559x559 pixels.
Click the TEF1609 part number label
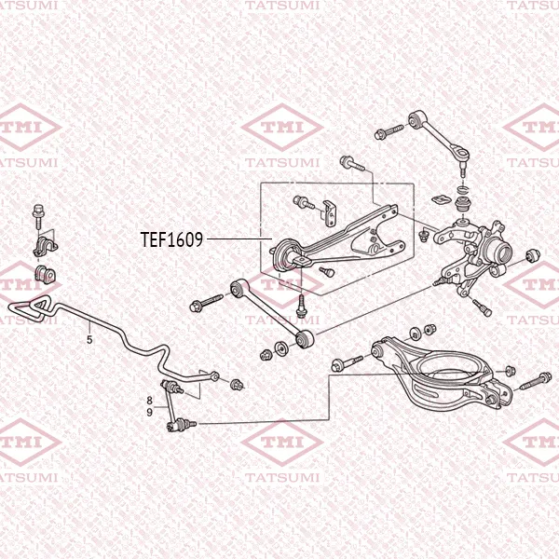click(x=171, y=239)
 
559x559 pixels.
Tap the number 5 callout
click(x=89, y=339)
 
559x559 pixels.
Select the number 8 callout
click(x=150, y=401)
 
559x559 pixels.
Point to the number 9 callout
click(x=150, y=412)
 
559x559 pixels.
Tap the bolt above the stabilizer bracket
click(x=38, y=216)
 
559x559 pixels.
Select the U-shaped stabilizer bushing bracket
click(x=46, y=246)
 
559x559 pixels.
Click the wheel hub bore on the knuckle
click(x=502, y=252)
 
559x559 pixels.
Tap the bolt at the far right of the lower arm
click(x=536, y=381)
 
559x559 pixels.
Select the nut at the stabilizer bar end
click(x=236, y=384)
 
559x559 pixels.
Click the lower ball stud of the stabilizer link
click(x=181, y=424)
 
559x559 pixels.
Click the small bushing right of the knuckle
click(x=533, y=255)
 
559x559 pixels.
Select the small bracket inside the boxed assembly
click(x=331, y=213)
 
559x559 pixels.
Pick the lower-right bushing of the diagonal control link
click(x=304, y=339)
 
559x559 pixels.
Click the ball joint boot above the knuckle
click(x=462, y=205)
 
